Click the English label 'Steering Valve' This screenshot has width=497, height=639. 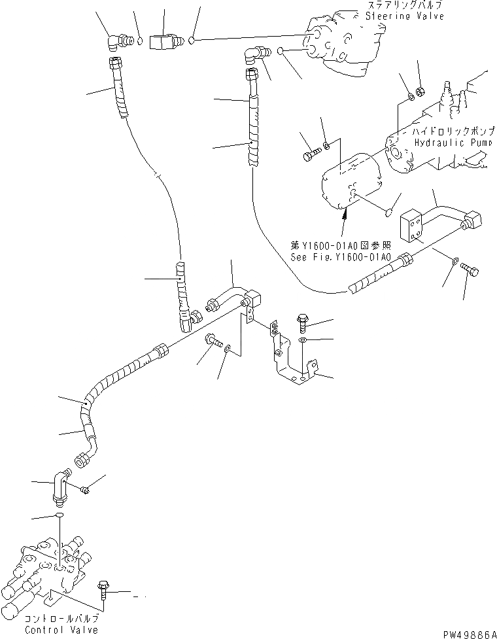click(404, 16)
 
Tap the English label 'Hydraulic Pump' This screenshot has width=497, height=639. click(448, 142)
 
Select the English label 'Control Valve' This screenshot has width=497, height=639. click(61, 630)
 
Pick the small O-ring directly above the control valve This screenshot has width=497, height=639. click(59, 516)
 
